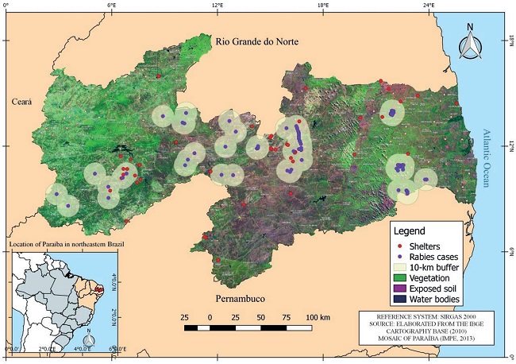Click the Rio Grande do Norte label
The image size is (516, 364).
point(256,41)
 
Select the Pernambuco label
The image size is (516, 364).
point(243,298)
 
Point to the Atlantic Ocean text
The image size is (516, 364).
point(487,157)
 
